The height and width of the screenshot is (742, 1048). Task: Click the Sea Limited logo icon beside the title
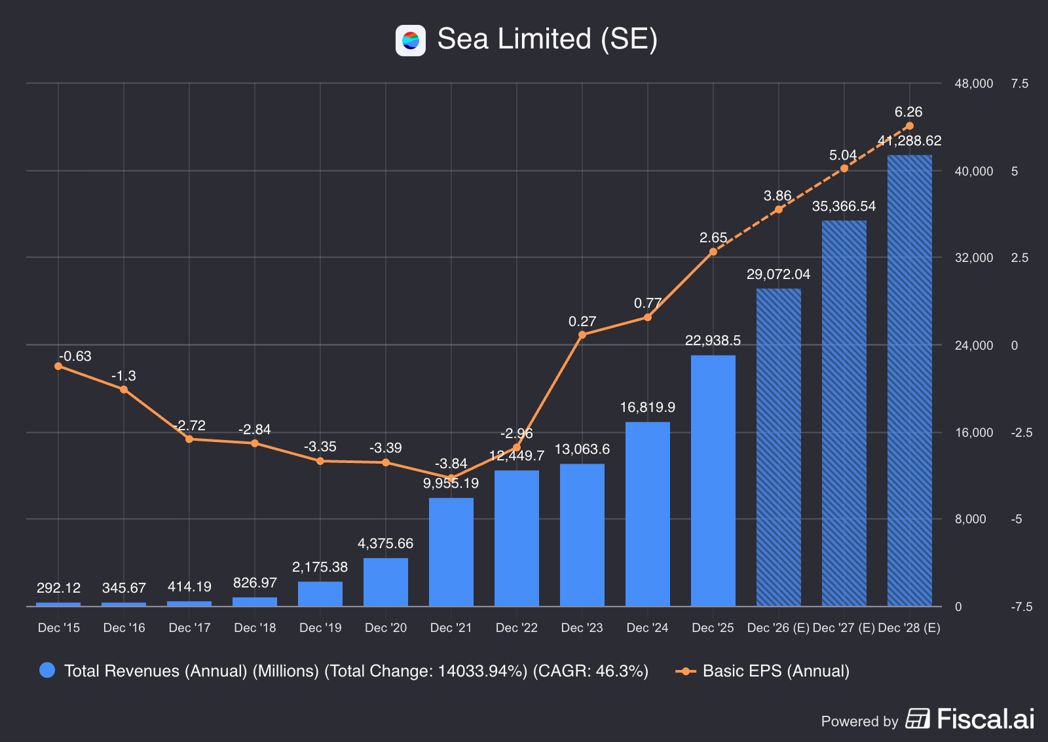(x=411, y=41)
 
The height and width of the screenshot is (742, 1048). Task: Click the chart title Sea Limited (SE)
(x=547, y=39)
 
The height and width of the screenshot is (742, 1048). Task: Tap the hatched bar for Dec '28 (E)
(x=909, y=380)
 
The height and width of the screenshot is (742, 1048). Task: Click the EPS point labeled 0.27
(x=582, y=335)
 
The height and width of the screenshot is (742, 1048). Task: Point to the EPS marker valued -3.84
(x=451, y=477)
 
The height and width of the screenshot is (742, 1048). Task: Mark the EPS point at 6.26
(x=909, y=126)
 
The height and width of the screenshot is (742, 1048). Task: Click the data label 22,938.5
(x=713, y=341)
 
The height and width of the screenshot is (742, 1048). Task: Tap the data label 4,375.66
(x=385, y=544)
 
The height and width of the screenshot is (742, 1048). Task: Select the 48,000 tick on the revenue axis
(x=974, y=84)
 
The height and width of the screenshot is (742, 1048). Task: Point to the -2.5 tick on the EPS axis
(x=1021, y=432)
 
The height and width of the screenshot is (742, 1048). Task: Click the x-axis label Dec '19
(x=320, y=628)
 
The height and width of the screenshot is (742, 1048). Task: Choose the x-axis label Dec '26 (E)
(x=778, y=628)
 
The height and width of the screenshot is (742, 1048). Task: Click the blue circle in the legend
(x=47, y=671)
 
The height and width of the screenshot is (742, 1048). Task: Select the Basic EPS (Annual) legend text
(x=776, y=671)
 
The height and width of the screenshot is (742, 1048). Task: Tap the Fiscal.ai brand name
(x=985, y=719)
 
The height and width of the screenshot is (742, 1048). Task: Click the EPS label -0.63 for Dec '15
(x=75, y=356)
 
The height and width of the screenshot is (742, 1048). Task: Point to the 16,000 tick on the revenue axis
(x=974, y=432)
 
